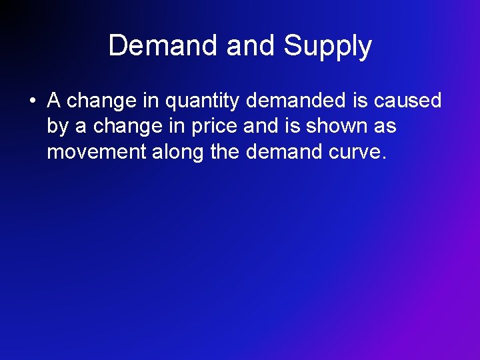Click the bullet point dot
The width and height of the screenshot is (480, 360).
(32, 101)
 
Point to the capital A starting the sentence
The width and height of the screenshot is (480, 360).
(54, 101)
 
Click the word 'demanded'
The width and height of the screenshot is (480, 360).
(299, 101)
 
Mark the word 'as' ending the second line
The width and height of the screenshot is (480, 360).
(385, 126)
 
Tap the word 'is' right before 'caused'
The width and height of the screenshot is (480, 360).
(360, 101)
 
